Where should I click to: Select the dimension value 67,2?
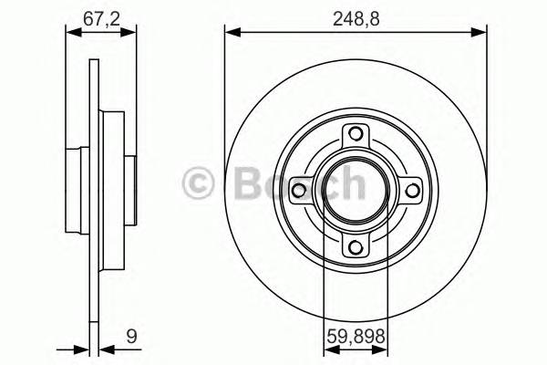point(101,15)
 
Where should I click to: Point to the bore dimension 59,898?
point(356,339)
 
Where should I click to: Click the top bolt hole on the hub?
point(356,137)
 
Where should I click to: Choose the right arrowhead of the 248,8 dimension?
point(480,33)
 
